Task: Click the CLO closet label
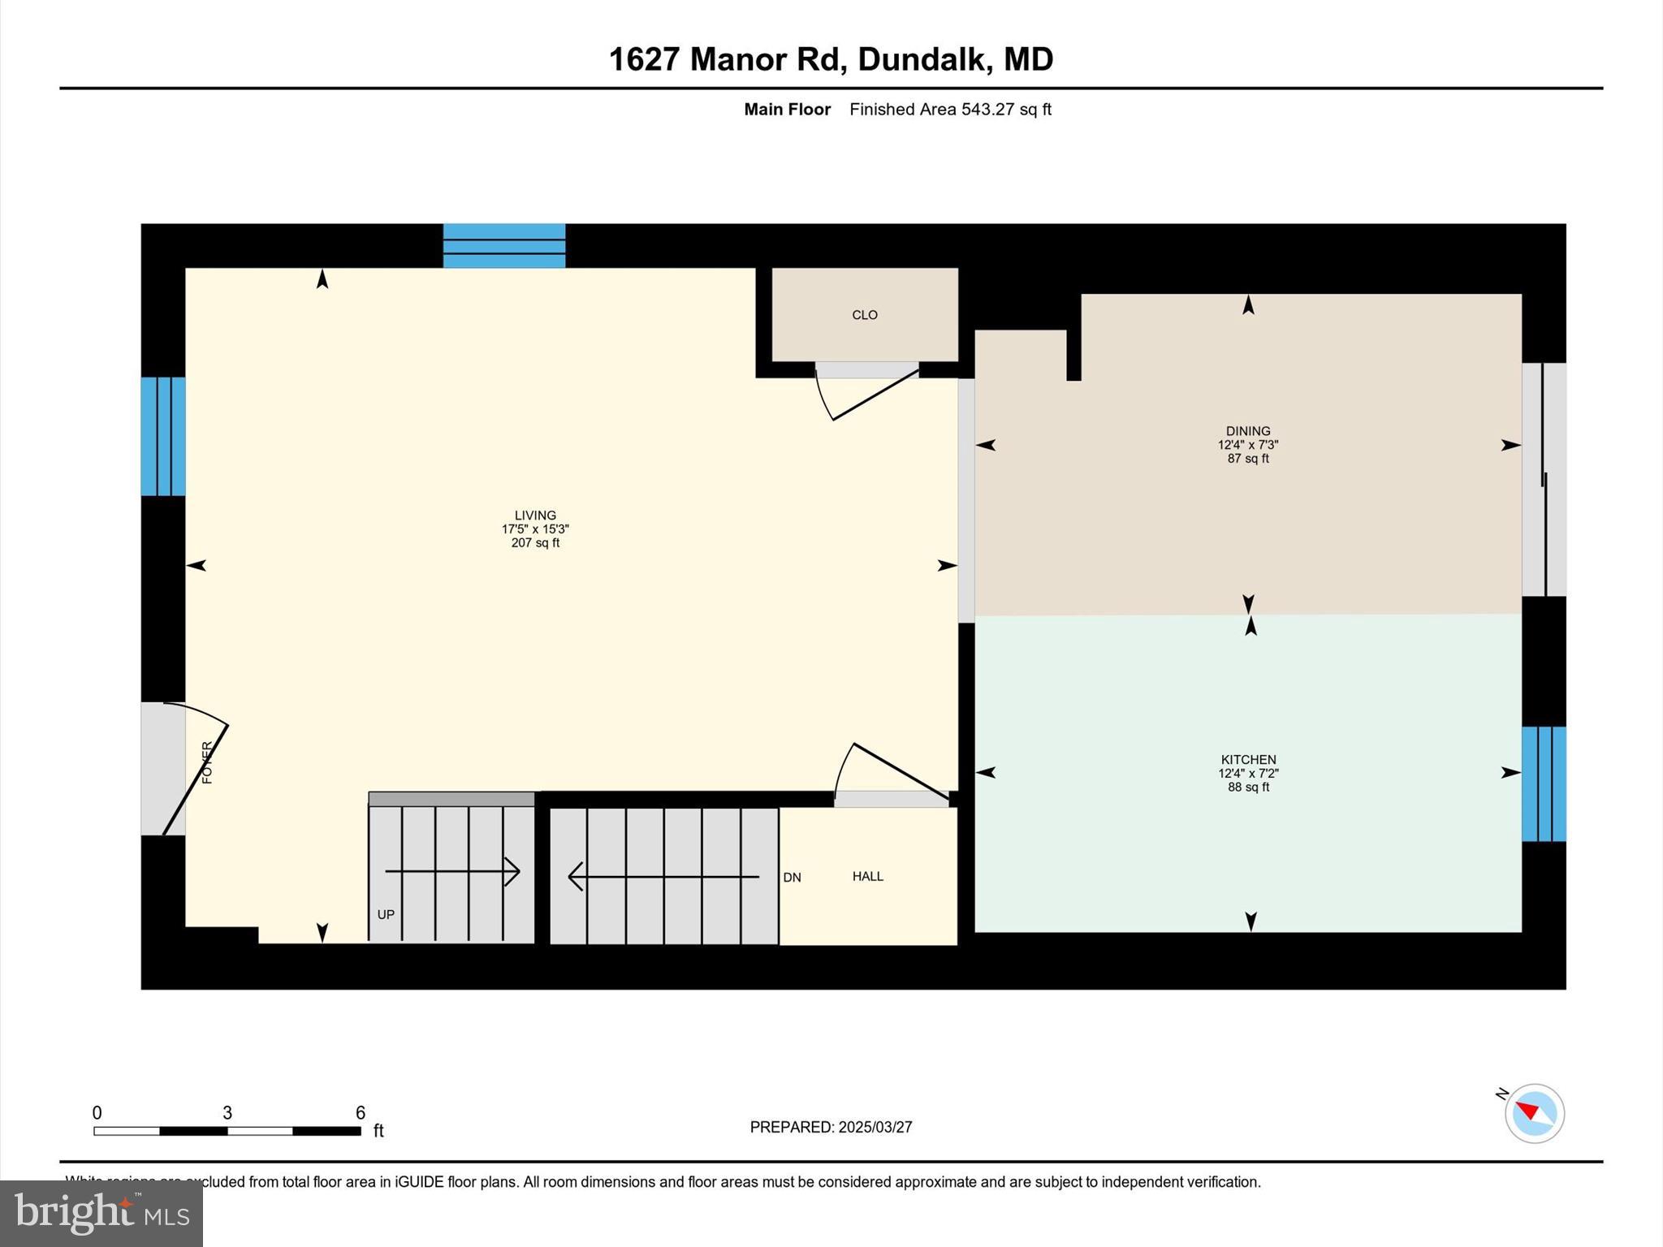(864, 315)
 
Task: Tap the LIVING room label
(535, 516)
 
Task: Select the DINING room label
(1248, 431)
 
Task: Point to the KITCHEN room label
(1248, 760)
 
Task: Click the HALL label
(867, 876)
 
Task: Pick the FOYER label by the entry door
(207, 762)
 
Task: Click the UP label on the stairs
(386, 914)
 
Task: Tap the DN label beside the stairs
(792, 878)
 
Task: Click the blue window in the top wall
(503, 245)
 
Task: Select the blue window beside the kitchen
(1543, 783)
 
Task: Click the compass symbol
(1534, 1113)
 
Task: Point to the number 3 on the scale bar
(227, 1112)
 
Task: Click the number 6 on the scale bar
(360, 1112)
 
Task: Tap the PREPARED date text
(831, 1127)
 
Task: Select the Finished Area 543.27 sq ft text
(950, 110)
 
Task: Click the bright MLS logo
(102, 1213)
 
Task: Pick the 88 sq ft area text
(1248, 787)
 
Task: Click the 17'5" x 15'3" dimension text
(535, 529)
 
